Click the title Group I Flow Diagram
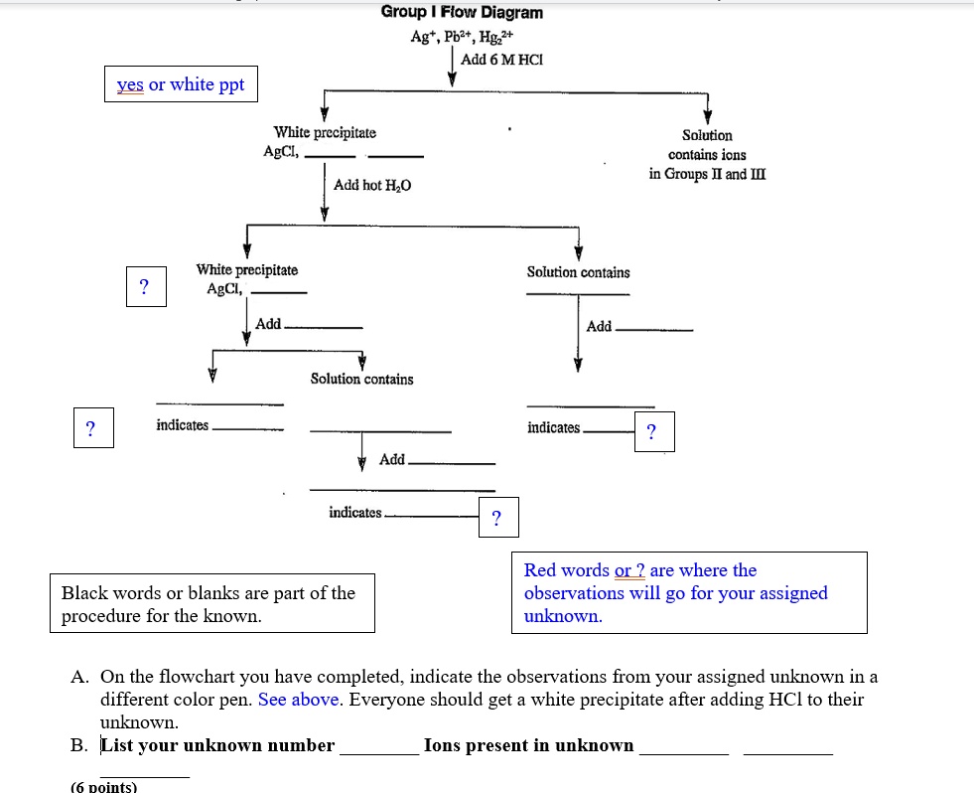(x=462, y=13)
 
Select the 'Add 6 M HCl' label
(x=502, y=60)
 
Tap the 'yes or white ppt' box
(x=181, y=84)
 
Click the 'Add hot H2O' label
(x=372, y=186)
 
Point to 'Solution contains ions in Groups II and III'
(x=707, y=154)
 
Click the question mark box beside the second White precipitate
(x=145, y=287)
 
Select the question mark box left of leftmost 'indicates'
(x=91, y=428)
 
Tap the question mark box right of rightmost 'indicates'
(x=651, y=432)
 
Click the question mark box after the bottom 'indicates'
(x=497, y=517)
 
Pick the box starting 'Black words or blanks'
(x=211, y=603)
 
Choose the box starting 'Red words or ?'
(x=688, y=592)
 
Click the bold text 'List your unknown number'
(x=217, y=745)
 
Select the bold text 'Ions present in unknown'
(x=528, y=745)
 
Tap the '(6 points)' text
(x=104, y=786)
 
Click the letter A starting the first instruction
(x=79, y=677)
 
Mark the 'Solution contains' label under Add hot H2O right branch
(x=578, y=272)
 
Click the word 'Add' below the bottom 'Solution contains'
(x=392, y=459)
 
